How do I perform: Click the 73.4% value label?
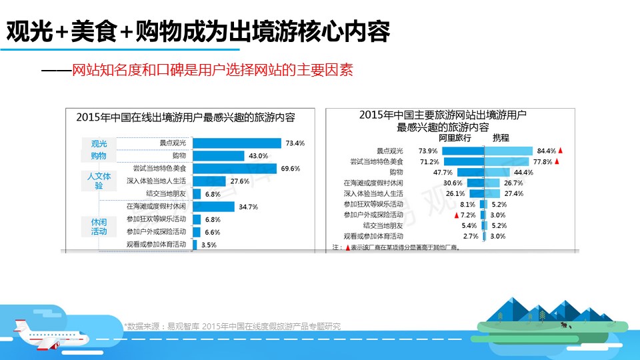tap(295, 143)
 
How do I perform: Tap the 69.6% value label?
tap(290, 168)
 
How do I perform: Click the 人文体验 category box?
tap(99, 181)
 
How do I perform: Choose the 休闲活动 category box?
tap(99, 226)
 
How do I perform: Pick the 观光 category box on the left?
tap(99, 143)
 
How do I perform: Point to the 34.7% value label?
tap(248, 207)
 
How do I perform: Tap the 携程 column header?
tap(501, 138)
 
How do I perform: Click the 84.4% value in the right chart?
tap(546, 150)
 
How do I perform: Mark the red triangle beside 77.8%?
tap(557, 161)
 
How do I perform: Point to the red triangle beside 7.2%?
tap(456, 215)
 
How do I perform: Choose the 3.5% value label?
tap(209, 245)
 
